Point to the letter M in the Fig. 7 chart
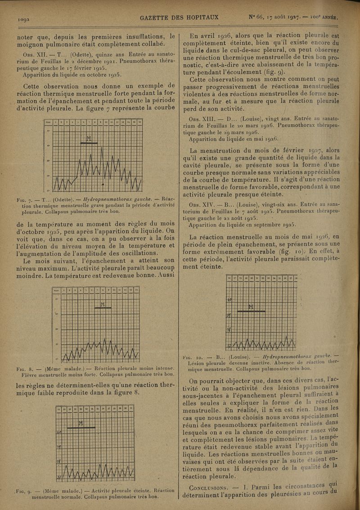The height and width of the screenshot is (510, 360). click(x=88, y=138)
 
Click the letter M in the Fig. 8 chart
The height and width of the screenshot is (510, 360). click(x=102, y=305)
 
